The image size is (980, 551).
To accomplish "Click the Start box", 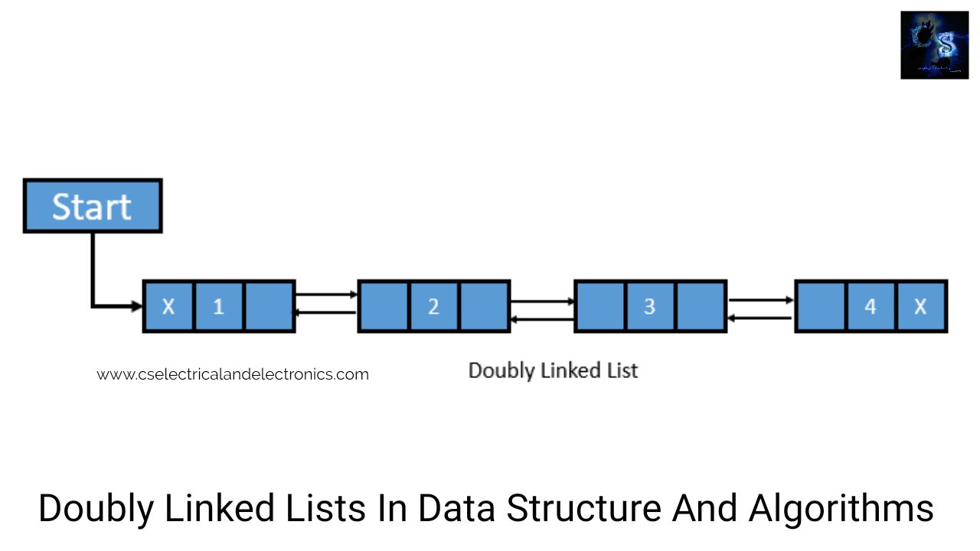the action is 93,206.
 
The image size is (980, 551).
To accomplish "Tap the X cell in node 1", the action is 168,306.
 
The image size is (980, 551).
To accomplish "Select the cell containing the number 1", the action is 219,306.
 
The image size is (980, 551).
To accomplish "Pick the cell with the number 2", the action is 433,306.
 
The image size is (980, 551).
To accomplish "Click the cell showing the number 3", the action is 650,306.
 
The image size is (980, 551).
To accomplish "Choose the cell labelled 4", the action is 871,306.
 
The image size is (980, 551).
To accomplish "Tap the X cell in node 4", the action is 921,306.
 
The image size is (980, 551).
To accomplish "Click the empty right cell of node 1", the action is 269,306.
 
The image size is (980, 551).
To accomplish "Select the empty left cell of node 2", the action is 384,306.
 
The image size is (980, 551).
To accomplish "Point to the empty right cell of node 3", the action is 701,306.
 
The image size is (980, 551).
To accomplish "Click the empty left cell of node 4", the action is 821,306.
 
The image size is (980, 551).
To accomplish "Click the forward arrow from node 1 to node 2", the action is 326,295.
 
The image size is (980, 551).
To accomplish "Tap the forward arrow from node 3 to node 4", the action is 760,300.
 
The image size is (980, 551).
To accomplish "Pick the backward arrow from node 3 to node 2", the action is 542,319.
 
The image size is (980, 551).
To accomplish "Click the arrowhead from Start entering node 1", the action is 137,306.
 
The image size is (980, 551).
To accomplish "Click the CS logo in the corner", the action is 935,45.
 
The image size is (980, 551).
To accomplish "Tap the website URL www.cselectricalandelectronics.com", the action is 233,374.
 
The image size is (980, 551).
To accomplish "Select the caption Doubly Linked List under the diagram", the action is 553,371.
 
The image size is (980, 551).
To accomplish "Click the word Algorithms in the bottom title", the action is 841,509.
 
